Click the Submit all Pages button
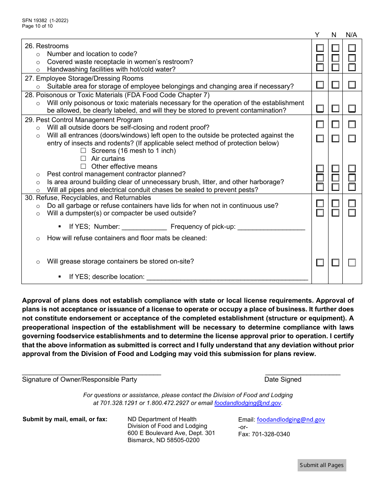click(322, 465)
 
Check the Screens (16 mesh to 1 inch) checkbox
click(83, 151)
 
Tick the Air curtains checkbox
click(83, 159)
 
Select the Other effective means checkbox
click(83, 167)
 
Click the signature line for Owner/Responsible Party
click(91, 373)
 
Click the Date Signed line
click(302, 373)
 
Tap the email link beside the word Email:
click(291, 420)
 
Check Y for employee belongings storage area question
click(320, 85)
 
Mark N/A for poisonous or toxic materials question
click(352, 109)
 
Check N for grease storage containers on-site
click(335, 263)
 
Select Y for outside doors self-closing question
click(320, 124)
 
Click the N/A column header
click(351, 35)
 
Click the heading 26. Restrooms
click(47, 46)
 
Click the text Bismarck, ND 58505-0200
click(163, 440)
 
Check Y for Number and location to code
click(320, 48)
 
